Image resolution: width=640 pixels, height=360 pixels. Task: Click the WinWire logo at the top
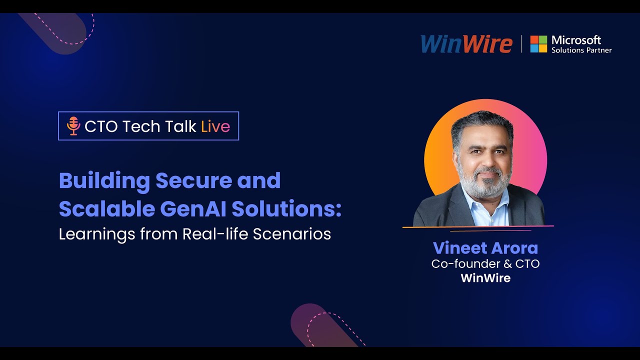[x=466, y=44]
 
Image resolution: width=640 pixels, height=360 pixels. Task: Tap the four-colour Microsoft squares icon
[x=538, y=44]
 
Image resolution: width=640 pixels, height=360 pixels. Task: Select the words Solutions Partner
[x=581, y=50]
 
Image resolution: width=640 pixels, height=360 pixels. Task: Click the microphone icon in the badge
[x=73, y=126]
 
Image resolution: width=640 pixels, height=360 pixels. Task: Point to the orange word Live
[x=215, y=126]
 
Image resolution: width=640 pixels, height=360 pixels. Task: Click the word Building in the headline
[x=104, y=181]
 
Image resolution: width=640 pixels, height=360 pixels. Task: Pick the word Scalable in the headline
[x=106, y=209]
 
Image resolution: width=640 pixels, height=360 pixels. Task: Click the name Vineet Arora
[x=485, y=248]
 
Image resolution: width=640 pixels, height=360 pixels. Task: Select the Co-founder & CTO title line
[x=485, y=263]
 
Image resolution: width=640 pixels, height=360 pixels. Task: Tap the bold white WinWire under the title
[x=485, y=278]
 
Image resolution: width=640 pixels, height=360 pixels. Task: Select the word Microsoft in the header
[x=576, y=40]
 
